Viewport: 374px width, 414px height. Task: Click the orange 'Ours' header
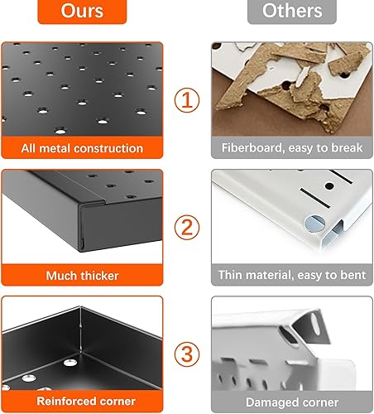pos(82,12)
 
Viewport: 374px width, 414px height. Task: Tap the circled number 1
pos(187,101)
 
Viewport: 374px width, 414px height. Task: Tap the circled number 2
pos(187,227)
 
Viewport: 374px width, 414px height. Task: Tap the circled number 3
pos(187,354)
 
